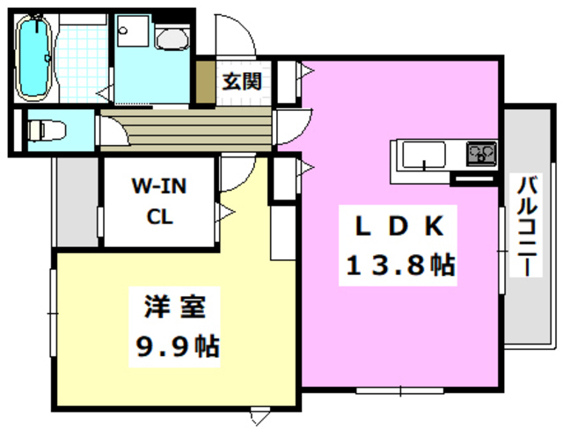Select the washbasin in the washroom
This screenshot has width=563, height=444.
(169, 38)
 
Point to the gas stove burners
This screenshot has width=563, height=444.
(481, 155)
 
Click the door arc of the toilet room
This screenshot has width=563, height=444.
(111, 132)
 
